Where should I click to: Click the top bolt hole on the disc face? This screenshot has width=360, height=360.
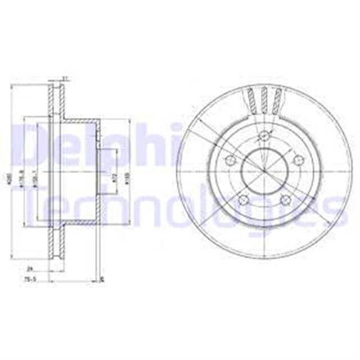tap(263, 135)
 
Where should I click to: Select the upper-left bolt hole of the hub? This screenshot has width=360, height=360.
tap(229, 160)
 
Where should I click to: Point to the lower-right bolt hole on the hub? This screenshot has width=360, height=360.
tap(285, 200)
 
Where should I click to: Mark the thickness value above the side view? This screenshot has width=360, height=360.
tap(65, 78)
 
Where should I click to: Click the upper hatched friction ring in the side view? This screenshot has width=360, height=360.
tap(55, 101)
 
